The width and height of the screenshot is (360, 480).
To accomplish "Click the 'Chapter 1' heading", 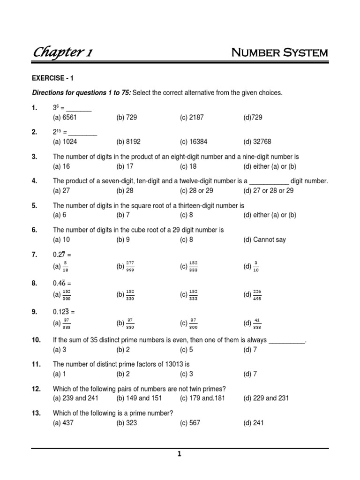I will coord(62,53).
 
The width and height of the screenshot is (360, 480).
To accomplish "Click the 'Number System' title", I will coord(280,52).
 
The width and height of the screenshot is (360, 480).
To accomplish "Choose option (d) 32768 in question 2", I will coord(257,142).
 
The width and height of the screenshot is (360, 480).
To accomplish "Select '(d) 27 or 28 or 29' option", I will coord(269,190).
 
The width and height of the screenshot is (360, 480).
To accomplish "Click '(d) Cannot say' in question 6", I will coord(264,240).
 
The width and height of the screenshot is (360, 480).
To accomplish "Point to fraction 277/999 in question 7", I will coord(130,266).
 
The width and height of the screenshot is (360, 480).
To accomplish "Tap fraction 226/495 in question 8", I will coord(257,294).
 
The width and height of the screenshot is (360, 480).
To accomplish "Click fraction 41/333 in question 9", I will coord(257,323).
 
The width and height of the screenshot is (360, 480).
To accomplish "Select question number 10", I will coord(37,340).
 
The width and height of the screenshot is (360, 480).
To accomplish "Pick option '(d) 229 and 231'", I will coord(266,398).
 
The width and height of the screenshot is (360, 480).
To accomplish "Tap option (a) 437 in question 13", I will coord(63,422).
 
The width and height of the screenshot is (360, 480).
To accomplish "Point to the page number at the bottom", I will coord(179,454).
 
